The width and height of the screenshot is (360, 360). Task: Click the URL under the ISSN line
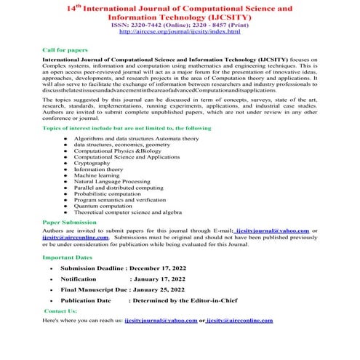click(179, 33)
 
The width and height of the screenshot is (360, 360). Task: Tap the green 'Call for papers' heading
click(64, 49)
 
